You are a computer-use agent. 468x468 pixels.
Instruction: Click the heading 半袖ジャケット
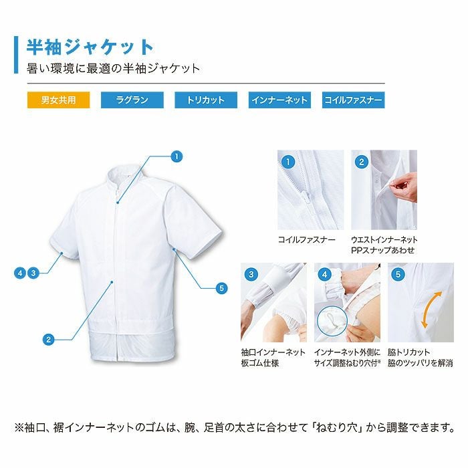(90, 47)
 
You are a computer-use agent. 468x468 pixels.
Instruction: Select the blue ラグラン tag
(132, 100)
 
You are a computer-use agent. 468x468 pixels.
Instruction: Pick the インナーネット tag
(279, 100)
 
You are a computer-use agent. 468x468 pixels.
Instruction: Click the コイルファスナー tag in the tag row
(353, 100)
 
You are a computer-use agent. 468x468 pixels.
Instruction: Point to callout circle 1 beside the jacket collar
(177, 156)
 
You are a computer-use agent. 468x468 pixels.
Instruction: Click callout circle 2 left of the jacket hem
(48, 340)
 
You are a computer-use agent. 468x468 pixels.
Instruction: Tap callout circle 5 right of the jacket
(223, 289)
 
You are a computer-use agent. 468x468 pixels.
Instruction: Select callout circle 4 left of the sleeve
(21, 272)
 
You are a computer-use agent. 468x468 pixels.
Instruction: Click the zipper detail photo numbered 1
(310, 190)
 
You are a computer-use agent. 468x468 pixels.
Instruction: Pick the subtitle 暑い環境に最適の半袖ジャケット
(113, 68)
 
